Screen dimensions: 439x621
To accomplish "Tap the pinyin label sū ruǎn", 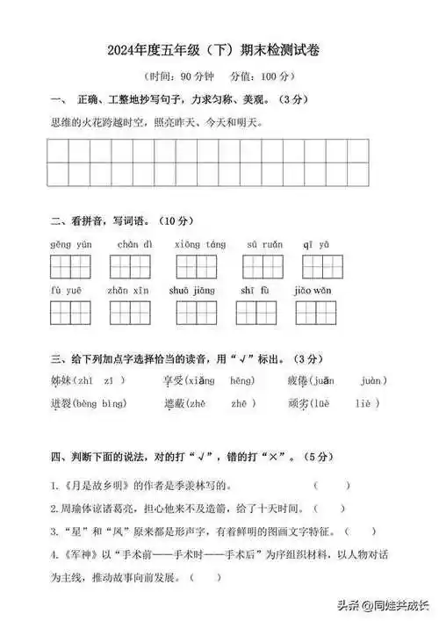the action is (263, 243).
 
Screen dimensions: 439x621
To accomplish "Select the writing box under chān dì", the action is (131, 266).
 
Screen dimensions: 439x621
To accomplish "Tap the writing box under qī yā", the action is (317, 266).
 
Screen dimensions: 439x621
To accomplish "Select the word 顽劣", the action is (299, 403).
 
